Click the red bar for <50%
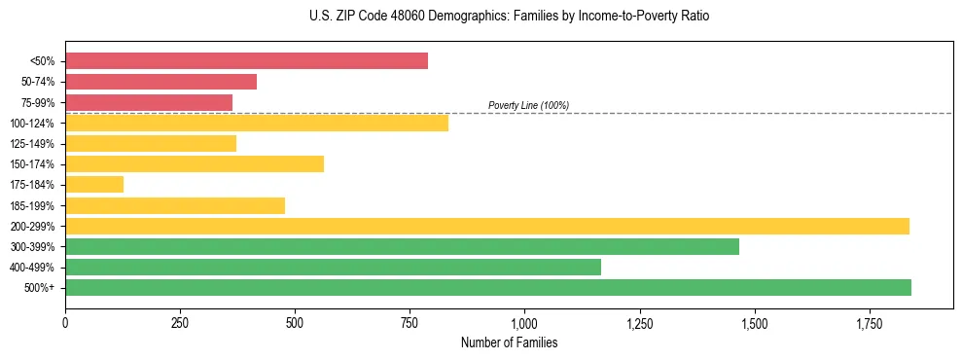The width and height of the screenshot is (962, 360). (246, 61)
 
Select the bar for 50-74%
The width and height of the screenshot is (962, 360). (160, 82)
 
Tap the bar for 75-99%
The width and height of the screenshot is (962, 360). (149, 102)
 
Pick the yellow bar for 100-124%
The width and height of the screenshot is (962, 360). (257, 123)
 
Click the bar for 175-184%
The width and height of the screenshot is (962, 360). (94, 184)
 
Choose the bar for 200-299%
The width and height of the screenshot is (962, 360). (486, 226)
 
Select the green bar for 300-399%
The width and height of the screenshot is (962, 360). (402, 246)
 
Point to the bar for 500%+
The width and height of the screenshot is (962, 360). (487, 287)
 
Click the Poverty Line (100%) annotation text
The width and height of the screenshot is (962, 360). (528, 105)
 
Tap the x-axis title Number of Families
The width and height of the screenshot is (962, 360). (509, 342)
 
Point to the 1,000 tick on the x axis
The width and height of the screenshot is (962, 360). (524, 322)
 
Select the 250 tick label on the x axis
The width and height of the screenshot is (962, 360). (180, 322)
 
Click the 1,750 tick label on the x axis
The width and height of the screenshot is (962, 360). (869, 322)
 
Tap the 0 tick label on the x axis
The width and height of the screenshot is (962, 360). (65, 322)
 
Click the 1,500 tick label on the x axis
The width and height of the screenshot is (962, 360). (754, 322)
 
